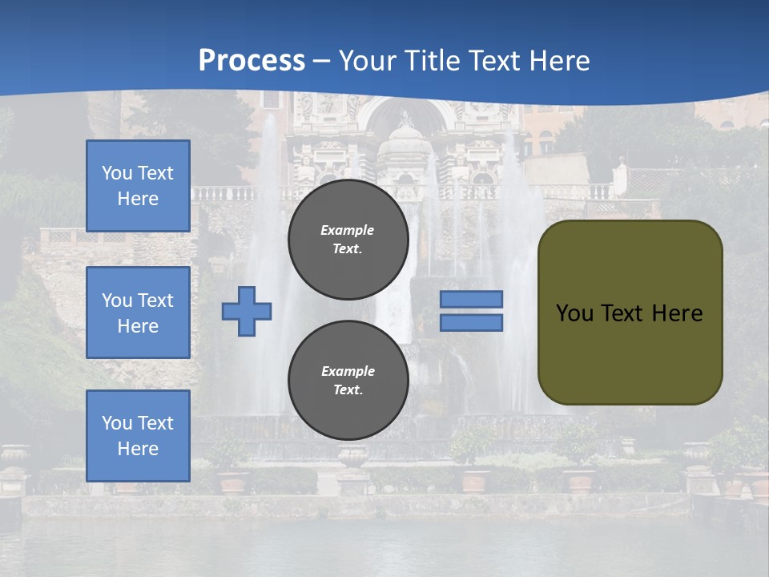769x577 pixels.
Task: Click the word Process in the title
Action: [x=252, y=60]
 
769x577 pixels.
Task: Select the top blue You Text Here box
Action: [x=138, y=186]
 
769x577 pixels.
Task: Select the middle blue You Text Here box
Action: [x=138, y=313]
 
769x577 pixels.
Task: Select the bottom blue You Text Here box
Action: [x=138, y=436]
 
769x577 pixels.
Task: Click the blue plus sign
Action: [x=247, y=312]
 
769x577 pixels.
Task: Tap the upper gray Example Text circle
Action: [x=348, y=240]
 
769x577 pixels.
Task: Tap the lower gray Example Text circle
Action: [x=348, y=381]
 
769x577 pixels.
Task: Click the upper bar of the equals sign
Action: [x=471, y=299]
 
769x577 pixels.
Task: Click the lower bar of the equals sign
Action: [x=471, y=323]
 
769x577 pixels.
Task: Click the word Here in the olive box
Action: [x=677, y=313]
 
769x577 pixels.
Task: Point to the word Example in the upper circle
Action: [x=347, y=230]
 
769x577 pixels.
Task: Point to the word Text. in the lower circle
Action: [x=348, y=390]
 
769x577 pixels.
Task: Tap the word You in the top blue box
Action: [x=116, y=173]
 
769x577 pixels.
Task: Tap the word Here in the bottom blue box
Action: [x=138, y=449]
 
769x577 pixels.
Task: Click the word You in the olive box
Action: [x=574, y=313]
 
